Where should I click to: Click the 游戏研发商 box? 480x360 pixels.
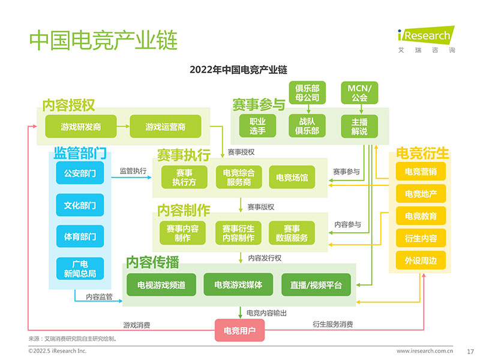click(x=81, y=127)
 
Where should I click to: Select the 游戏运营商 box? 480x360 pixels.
click(x=166, y=127)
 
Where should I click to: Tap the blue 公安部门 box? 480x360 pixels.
click(x=80, y=173)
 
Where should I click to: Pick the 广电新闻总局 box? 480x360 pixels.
click(x=80, y=268)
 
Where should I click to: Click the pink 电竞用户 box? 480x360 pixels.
click(x=239, y=331)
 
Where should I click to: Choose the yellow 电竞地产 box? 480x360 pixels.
click(x=421, y=193)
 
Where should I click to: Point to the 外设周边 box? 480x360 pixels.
click(x=421, y=260)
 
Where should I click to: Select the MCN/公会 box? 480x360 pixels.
click(x=359, y=93)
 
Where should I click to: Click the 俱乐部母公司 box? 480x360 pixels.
click(x=307, y=93)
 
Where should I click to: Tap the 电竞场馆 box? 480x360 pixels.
click(x=292, y=177)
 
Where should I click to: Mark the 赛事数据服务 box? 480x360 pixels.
click(x=292, y=233)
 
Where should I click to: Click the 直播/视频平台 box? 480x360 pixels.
click(x=316, y=284)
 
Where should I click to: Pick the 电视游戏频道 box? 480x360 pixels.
click(x=161, y=284)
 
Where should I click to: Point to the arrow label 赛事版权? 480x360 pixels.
click(x=261, y=207)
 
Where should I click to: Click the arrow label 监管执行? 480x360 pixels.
click(x=133, y=171)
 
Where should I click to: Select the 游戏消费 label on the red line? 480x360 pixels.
click(x=137, y=325)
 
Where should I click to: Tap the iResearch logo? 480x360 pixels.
click(x=426, y=39)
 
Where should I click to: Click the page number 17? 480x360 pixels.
click(x=470, y=352)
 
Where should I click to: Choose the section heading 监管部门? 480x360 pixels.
click(x=80, y=153)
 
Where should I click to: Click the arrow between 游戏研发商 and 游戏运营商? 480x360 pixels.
click(x=123, y=126)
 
